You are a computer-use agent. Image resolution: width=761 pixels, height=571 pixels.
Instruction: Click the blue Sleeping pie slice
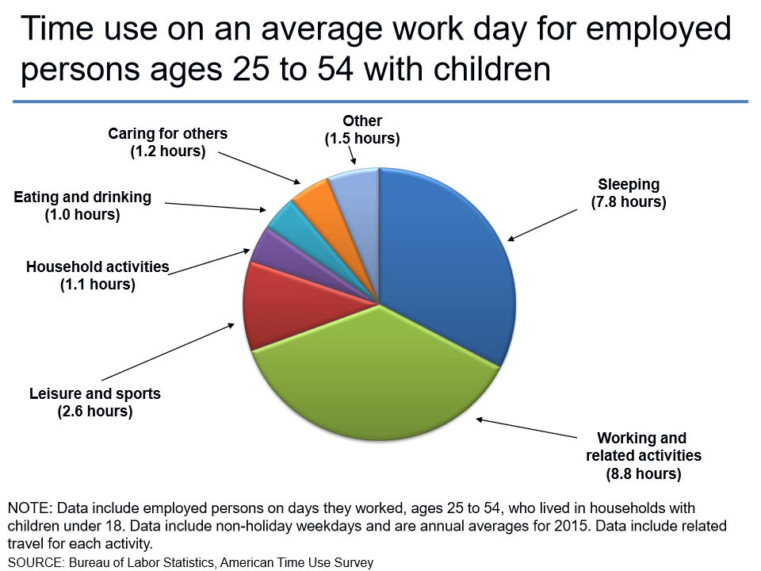[x=452, y=262]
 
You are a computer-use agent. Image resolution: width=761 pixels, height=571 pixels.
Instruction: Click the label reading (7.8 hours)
[x=629, y=202]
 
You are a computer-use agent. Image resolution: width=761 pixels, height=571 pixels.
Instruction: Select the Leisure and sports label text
[x=94, y=393]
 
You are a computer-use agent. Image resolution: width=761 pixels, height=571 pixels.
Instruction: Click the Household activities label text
[x=98, y=266]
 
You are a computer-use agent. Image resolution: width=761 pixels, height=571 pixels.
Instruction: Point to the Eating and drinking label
[x=82, y=197]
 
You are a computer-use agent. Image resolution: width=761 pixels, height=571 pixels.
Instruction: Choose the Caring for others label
[x=167, y=133]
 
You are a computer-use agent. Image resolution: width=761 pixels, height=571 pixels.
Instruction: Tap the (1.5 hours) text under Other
[x=361, y=139]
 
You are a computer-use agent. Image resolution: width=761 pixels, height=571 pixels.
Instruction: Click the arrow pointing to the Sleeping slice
[x=543, y=222]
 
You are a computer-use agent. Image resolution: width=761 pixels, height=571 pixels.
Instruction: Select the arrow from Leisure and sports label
[x=166, y=353]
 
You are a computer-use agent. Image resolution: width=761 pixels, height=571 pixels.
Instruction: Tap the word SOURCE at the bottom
[x=36, y=562]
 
